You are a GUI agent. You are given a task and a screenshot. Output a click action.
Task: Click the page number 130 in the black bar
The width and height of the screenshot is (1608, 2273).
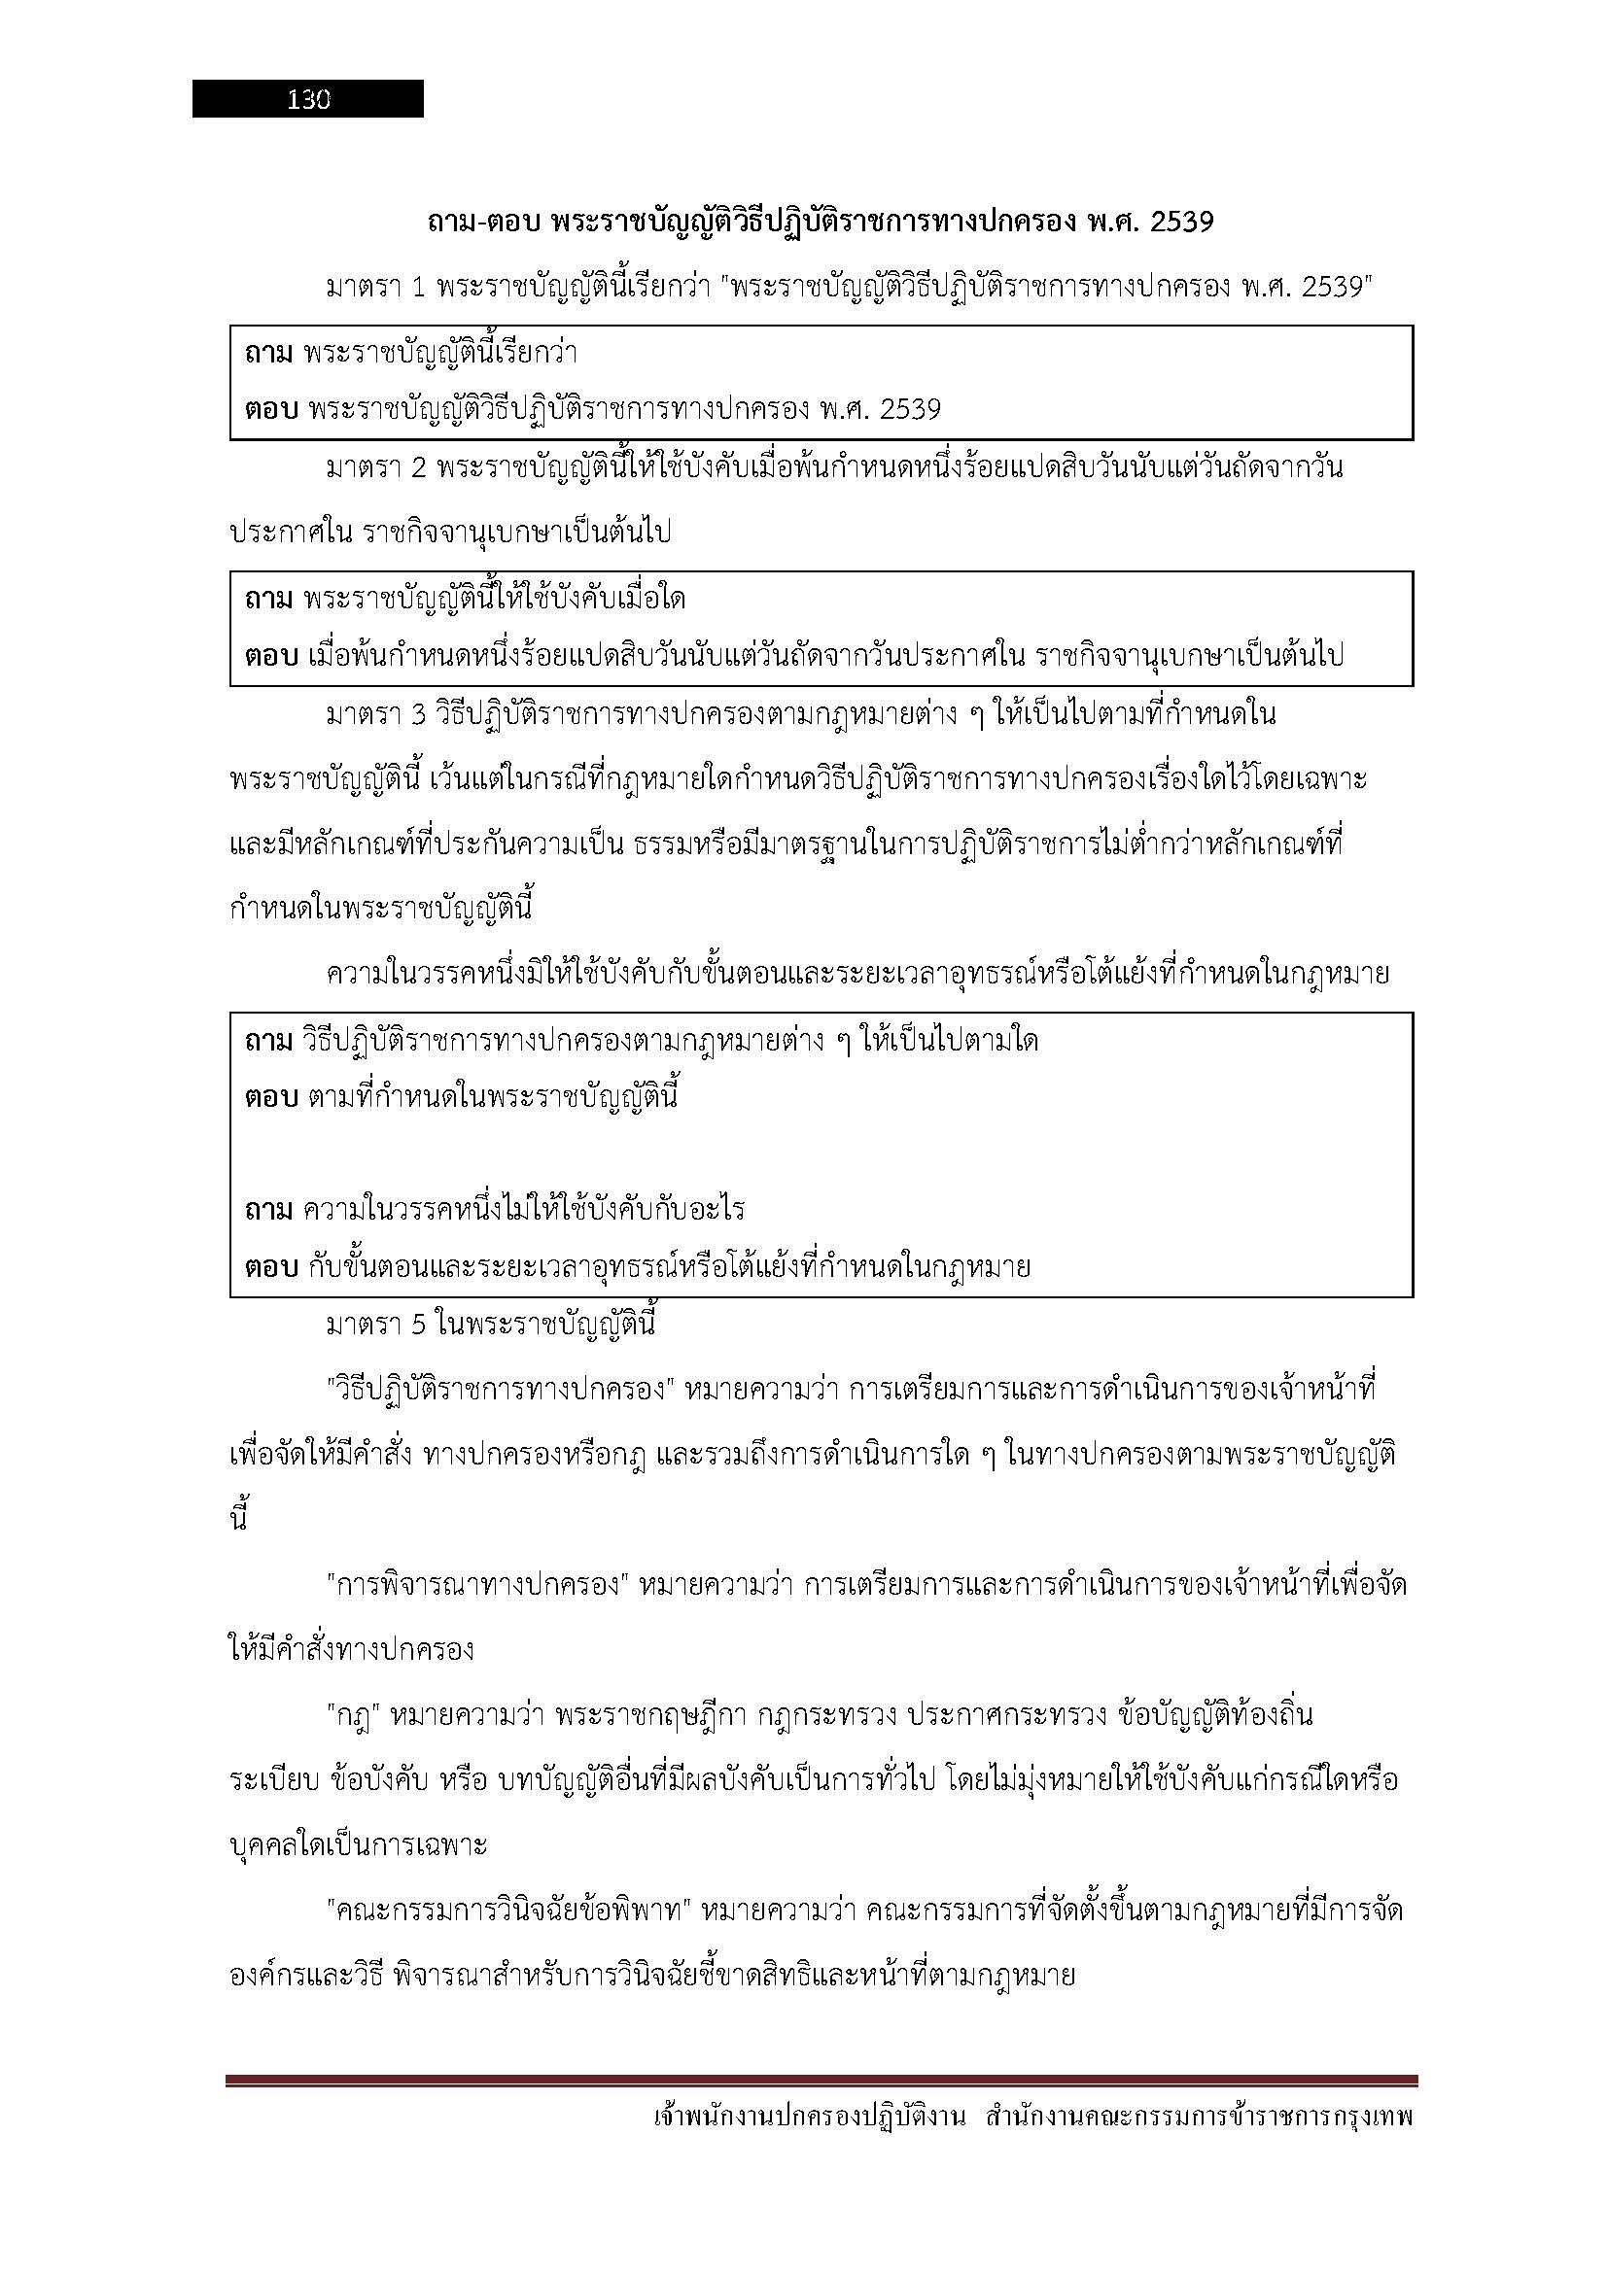[308, 99]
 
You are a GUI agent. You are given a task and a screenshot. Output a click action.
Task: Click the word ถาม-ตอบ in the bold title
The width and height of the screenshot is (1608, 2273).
[483, 223]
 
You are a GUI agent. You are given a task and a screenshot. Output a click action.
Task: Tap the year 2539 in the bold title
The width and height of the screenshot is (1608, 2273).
[1180, 223]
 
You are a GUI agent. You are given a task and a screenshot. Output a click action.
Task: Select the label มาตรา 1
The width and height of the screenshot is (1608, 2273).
[375, 288]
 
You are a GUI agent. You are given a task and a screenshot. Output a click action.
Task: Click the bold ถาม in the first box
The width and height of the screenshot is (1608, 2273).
[268, 353]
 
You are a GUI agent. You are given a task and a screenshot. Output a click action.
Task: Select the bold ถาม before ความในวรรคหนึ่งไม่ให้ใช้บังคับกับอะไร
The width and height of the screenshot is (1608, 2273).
[268, 1210]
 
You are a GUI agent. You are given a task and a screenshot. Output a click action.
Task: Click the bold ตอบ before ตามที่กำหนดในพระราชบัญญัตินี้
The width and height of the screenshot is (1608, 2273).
[270, 1098]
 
